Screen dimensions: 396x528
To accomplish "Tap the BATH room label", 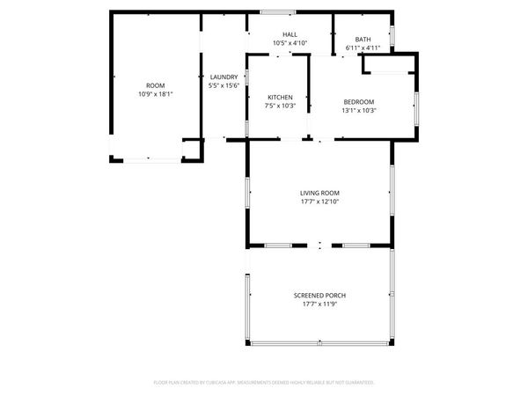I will pyautogui.click(x=363, y=40).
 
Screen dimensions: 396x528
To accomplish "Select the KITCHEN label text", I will pyautogui.click(x=280, y=97).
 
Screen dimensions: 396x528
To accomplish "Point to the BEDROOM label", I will pyautogui.click(x=359, y=102).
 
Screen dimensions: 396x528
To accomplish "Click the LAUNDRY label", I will pyautogui.click(x=222, y=77).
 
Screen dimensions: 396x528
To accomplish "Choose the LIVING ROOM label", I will pyautogui.click(x=319, y=193).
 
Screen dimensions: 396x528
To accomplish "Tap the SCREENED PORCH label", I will pyautogui.click(x=319, y=295).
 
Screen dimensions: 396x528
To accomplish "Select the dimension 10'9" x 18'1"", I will pyautogui.click(x=155, y=94).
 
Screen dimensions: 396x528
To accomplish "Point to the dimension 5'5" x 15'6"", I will pyautogui.click(x=222, y=85).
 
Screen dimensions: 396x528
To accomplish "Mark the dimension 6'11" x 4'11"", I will pyautogui.click(x=363, y=48).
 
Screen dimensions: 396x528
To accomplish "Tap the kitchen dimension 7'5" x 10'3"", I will pyautogui.click(x=280, y=105).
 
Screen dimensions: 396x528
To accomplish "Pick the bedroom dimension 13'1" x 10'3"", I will pyautogui.click(x=359, y=110).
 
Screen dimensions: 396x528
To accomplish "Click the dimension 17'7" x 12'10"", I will pyautogui.click(x=319, y=201).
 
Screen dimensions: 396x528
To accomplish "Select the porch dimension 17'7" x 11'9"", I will pyautogui.click(x=319, y=303).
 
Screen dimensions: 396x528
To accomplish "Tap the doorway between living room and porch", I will pyautogui.click(x=320, y=245).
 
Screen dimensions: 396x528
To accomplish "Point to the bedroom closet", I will pyautogui.click(x=400, y=67).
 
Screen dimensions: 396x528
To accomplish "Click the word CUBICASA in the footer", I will pyautogui.click(x=227, y=383).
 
